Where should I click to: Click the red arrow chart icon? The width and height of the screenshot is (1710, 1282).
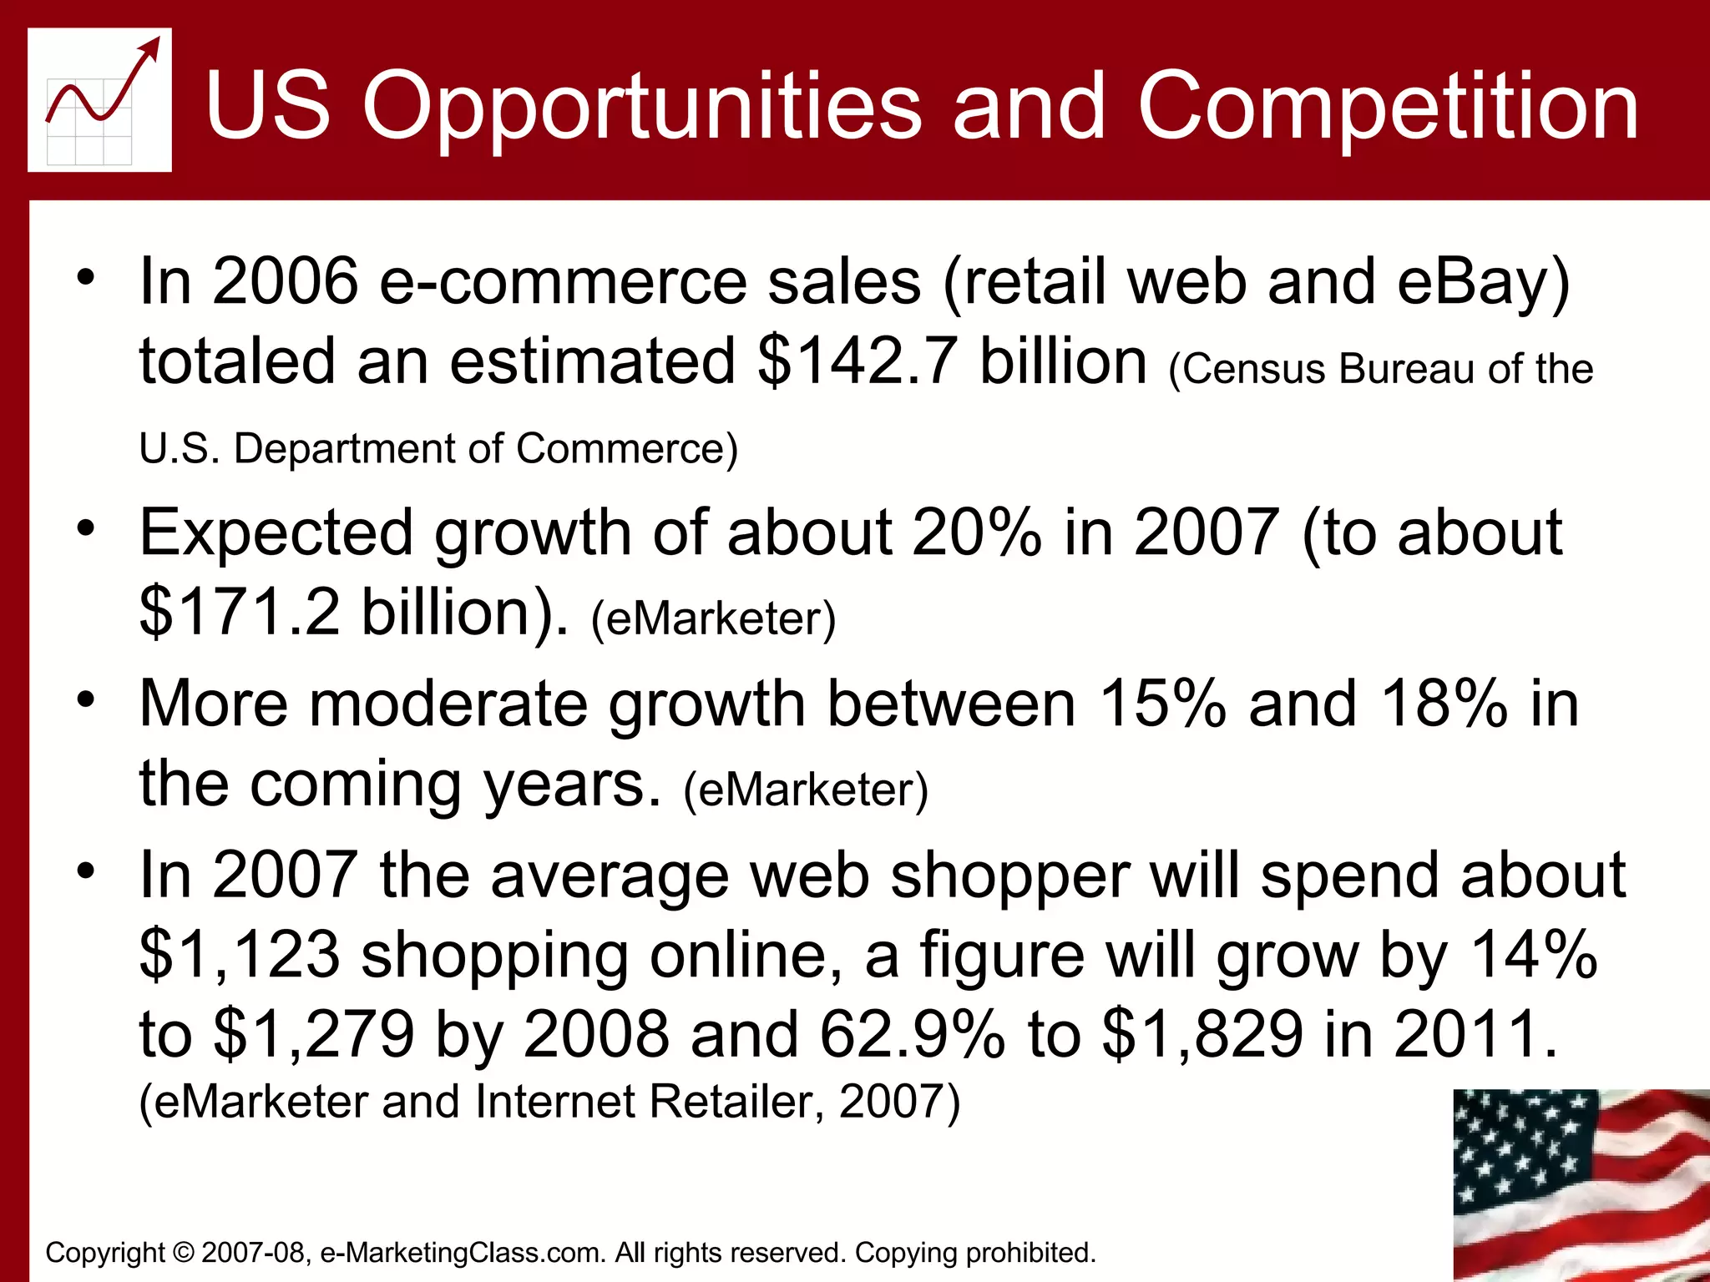coord(99,99)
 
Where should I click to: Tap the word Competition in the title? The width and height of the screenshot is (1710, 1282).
coord(1387,106)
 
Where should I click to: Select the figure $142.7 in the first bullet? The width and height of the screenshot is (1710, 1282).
coord(857,361)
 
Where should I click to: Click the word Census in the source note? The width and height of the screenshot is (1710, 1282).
coord(1253,369)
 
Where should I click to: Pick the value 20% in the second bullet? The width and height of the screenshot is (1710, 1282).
coord(978,532)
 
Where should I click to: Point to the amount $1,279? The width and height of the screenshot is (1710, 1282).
coord(315,1034)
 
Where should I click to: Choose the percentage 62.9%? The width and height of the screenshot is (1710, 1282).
coord(912,1034)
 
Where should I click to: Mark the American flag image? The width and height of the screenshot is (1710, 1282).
coord(1581,1184)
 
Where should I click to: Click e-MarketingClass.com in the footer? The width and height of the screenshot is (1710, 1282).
coord(463,1253)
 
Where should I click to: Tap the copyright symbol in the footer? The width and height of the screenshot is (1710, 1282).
coord(183,1253)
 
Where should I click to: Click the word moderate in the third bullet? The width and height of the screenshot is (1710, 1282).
coord(448,704)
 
